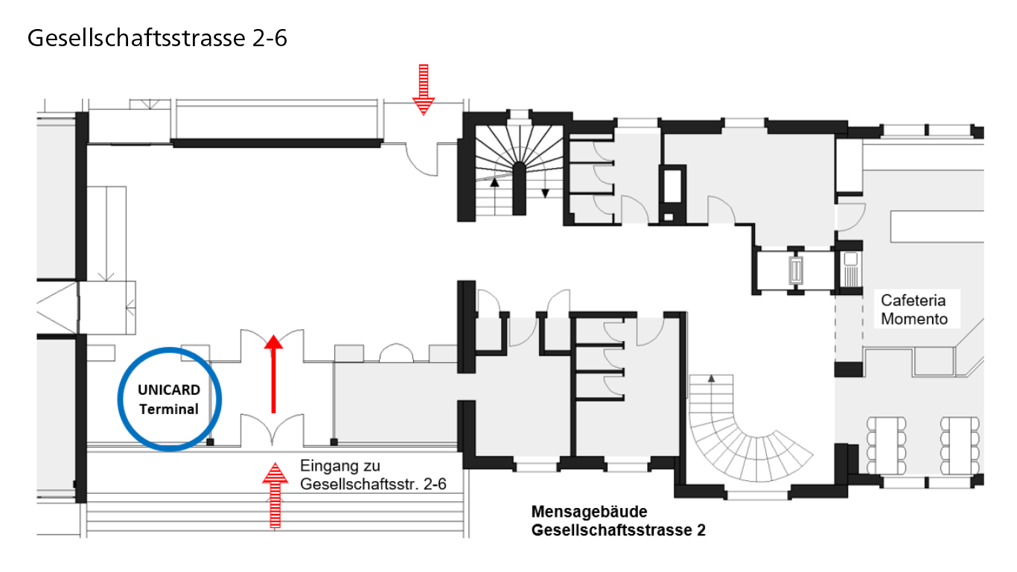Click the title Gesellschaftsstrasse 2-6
157,38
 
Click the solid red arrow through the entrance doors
273,374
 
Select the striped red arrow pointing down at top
423,90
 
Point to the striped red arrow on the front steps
275,495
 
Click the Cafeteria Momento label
914,309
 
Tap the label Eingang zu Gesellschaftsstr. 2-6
373,474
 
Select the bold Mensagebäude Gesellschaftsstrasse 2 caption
619,521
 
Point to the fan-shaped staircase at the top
520,169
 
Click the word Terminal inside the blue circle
169,410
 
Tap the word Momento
914,319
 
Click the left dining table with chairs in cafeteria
886,445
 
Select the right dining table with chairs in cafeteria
960,445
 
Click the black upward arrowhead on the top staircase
494,182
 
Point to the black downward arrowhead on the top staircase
545,193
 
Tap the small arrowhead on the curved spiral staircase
712,378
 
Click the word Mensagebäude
590,512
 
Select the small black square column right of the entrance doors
334,442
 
